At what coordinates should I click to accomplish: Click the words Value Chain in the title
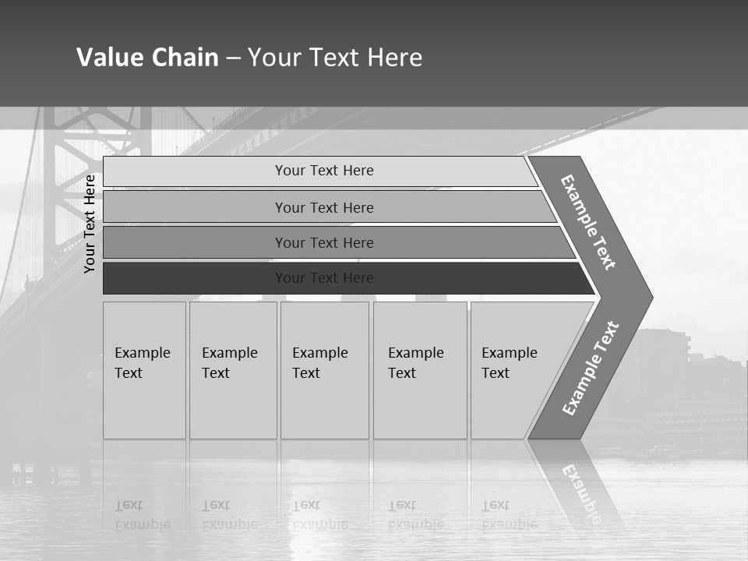coord(147,58)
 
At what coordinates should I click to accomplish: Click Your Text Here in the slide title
coord(335,58)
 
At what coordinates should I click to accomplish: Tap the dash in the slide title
coord(233,58)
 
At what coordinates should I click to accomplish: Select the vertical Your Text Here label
coord(90,224)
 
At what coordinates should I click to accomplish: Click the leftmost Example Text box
coord(144,370)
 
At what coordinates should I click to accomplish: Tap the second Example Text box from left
coord(233,370)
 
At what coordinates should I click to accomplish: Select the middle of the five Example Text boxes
coord(324,370)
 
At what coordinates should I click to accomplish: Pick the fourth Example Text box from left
coord(420,370)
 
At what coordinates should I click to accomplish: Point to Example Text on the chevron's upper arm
coord(588,222)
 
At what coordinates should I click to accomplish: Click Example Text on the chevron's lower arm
coord(591,368)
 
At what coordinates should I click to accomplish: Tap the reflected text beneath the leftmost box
coord(142,514)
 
